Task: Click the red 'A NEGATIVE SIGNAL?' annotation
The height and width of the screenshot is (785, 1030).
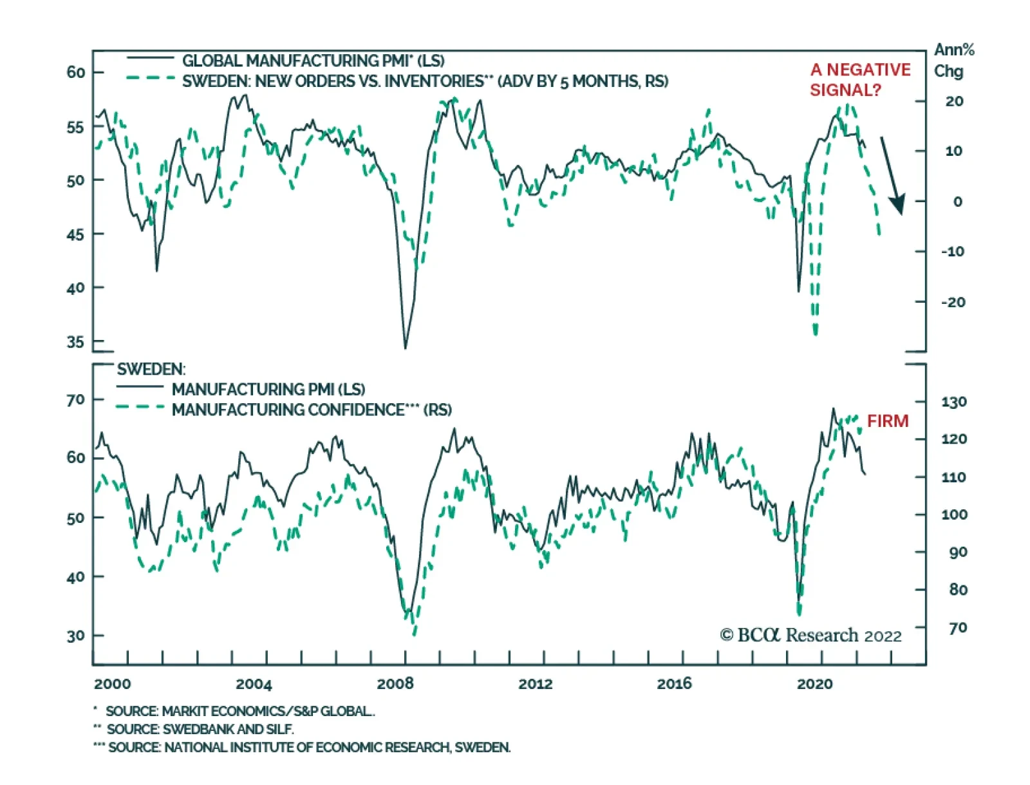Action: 859,79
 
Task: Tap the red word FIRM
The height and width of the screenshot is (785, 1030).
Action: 887,421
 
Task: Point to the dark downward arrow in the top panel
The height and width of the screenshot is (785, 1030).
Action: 892,175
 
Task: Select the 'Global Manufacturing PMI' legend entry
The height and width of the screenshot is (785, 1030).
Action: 313,61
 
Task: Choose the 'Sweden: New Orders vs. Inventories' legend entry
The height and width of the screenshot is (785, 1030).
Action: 425,81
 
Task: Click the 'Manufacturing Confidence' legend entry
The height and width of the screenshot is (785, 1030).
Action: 312,410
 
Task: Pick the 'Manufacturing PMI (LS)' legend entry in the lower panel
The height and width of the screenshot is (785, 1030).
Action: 268,389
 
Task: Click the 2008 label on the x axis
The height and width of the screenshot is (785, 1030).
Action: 395,683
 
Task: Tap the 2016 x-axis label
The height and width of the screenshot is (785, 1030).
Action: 674,683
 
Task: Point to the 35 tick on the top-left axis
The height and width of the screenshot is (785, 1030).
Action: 75,342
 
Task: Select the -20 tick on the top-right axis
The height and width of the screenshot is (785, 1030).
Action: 953,302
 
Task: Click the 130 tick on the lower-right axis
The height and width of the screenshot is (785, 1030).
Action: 953,402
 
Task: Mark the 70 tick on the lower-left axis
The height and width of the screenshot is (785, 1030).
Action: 75,400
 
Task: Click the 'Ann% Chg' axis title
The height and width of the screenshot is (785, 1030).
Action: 953,60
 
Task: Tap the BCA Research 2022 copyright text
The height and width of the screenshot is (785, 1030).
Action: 810,636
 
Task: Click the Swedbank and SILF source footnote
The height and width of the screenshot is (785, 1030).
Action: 200,729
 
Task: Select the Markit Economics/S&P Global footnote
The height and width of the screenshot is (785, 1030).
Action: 239,711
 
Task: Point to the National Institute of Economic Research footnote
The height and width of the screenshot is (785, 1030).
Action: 309,747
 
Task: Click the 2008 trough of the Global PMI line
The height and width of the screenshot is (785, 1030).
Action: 405,348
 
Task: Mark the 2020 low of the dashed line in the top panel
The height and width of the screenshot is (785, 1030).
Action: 815,333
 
